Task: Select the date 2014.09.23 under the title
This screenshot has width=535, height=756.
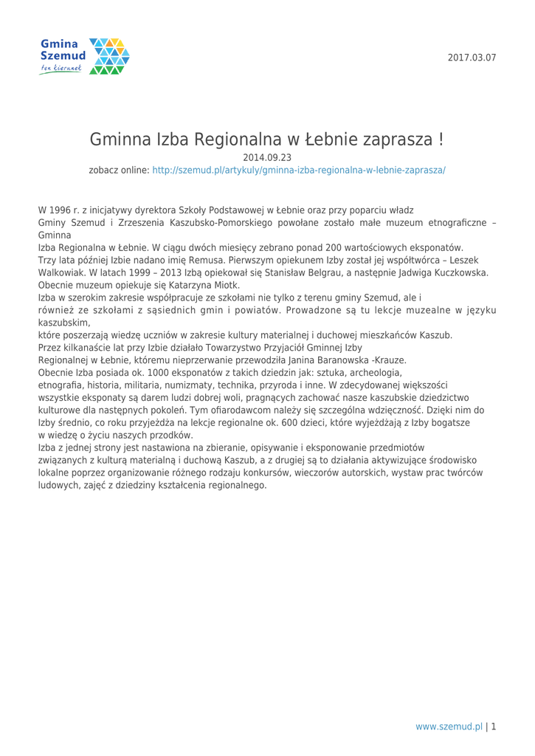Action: (267, 157)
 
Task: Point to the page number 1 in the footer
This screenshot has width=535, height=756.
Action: (493, 726)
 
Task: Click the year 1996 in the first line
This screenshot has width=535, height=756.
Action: (63, 210)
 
